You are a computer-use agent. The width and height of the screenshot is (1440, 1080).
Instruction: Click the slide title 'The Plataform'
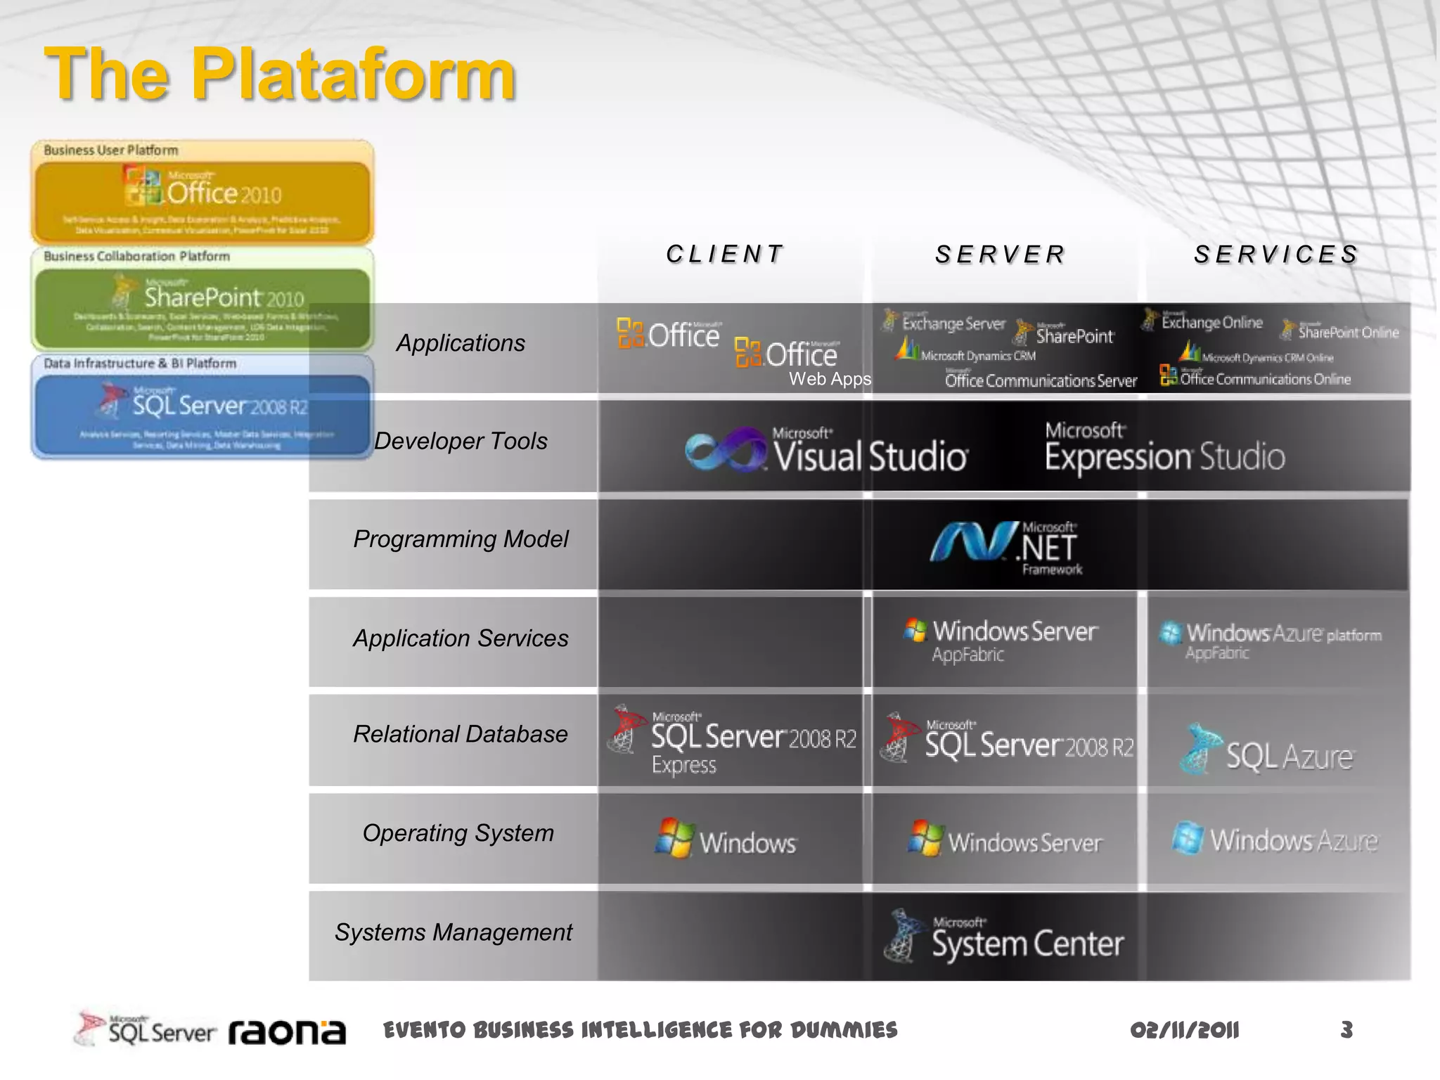(280, 74)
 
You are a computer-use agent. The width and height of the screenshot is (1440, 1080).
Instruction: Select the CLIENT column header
(725, 254)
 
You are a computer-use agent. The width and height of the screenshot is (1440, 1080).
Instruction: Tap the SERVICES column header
(1275, 254)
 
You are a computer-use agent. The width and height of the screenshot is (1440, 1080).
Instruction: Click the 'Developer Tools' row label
(461, 441)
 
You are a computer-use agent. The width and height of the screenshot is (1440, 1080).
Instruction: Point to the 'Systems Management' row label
(454, 932)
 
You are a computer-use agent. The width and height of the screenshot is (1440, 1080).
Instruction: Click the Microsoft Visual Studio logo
(827, 451)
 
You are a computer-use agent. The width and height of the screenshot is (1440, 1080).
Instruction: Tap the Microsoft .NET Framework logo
(1007, 547)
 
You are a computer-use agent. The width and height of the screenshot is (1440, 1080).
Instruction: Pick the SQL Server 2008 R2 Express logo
(733, 740)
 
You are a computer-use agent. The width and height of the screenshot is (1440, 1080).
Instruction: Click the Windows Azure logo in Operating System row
(1274, 840)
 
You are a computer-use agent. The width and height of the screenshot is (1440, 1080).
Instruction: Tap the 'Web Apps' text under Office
(830, 379)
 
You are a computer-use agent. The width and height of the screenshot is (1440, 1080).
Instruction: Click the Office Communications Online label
(1256, 378)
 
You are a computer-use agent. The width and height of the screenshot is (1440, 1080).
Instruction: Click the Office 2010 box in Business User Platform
(202, 201)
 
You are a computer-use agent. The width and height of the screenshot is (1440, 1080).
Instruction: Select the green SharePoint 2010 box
(202, 307)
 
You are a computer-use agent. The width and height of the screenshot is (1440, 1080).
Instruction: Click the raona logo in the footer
(287, 1031)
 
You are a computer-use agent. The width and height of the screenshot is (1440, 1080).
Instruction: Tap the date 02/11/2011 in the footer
(1184, 1030)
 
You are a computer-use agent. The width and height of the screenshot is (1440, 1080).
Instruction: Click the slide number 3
(1346, 1030)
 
